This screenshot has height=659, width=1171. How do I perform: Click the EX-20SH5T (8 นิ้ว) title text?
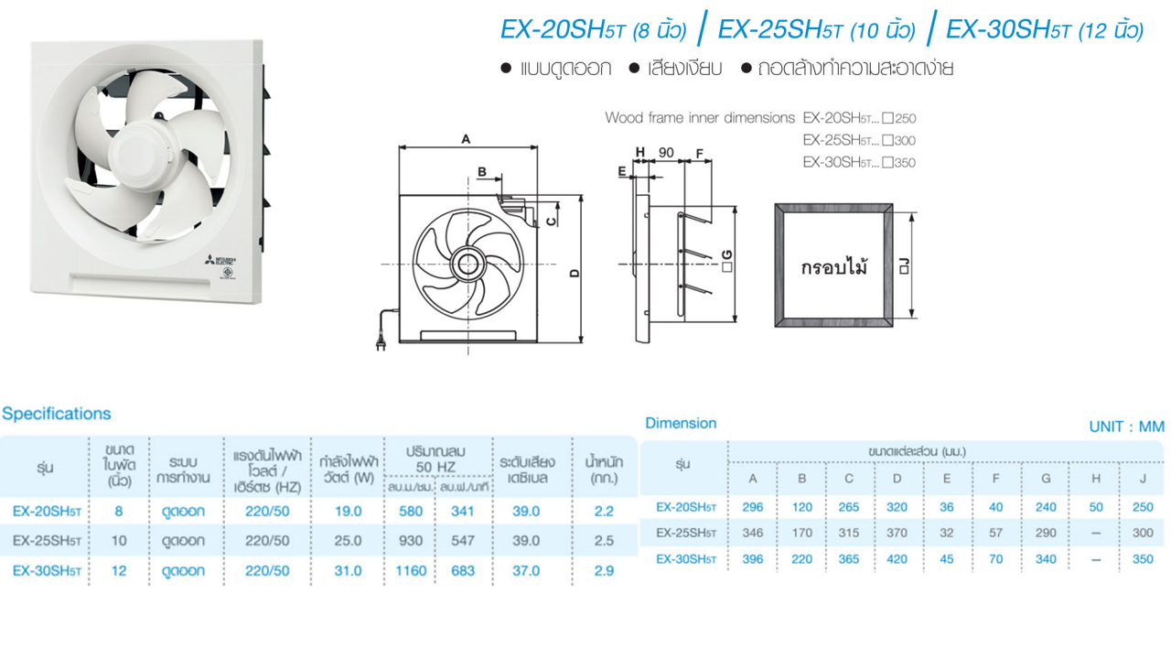593,30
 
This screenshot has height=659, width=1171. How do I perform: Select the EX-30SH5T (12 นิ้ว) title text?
1044,30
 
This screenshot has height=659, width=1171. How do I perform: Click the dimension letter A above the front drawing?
466,139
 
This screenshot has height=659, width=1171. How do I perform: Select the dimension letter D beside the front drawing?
575,272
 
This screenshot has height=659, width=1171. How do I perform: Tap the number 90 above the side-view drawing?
666,153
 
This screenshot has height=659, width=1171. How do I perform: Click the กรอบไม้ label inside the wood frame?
833,267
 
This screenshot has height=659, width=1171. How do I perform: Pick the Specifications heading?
56,414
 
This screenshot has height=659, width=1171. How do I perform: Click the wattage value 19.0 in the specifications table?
348,512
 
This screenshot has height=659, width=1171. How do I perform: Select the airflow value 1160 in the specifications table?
411,570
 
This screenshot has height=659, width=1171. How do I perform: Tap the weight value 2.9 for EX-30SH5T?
603,570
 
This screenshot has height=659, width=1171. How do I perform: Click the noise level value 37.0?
526,570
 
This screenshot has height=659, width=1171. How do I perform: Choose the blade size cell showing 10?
119,541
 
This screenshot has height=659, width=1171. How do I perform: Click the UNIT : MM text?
1126,427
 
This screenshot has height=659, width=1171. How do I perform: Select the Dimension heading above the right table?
681,423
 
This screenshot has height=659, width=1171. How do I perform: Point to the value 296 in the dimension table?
753,507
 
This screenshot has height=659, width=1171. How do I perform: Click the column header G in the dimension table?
1046,479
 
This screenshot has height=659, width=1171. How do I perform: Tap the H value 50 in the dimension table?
1096,507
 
